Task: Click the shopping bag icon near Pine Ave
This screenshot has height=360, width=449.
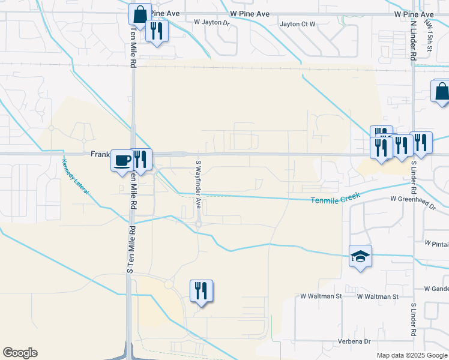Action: coord(140,15)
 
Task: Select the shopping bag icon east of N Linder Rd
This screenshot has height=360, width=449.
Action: coord(442,92)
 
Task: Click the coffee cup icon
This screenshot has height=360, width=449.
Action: coord(122,160)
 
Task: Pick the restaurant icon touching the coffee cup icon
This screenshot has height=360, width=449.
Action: coord(140,160)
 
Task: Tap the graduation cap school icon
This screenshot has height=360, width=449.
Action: coord(360,257)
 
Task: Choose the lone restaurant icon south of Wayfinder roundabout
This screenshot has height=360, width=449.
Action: coord(201,291)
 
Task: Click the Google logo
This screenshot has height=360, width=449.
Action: coord(20,353)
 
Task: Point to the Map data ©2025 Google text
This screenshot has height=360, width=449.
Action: coord(412,355)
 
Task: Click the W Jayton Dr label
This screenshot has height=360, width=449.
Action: coord(212,22)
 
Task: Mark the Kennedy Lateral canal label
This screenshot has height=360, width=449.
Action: coord(75,176)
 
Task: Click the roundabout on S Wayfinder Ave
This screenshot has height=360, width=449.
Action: coord(198,224)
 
